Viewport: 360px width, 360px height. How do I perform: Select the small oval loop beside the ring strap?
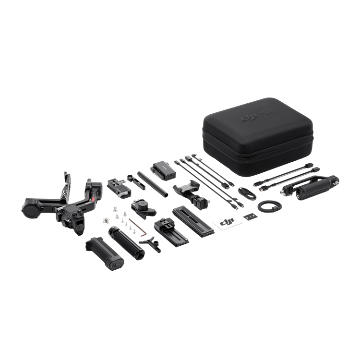(x=245, y=192)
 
